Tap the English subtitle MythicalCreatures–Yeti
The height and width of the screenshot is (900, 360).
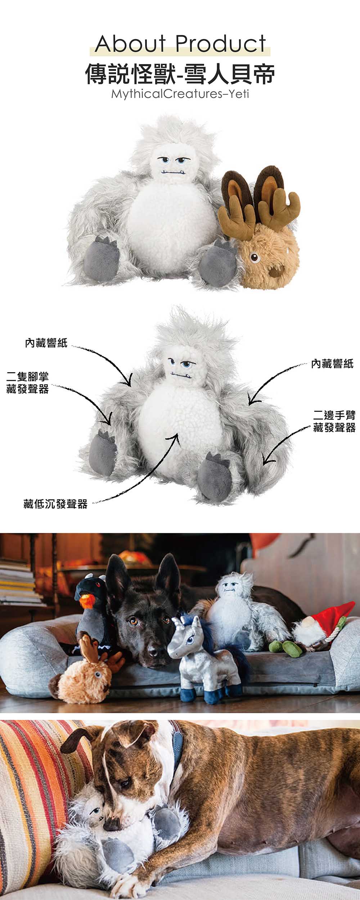(180, 94)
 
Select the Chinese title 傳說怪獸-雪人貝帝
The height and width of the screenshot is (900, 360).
(180, 74)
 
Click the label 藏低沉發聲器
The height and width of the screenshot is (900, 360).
(55, 504)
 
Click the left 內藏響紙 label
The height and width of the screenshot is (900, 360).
(46, 343)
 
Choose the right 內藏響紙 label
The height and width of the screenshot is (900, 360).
(332, 364)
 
